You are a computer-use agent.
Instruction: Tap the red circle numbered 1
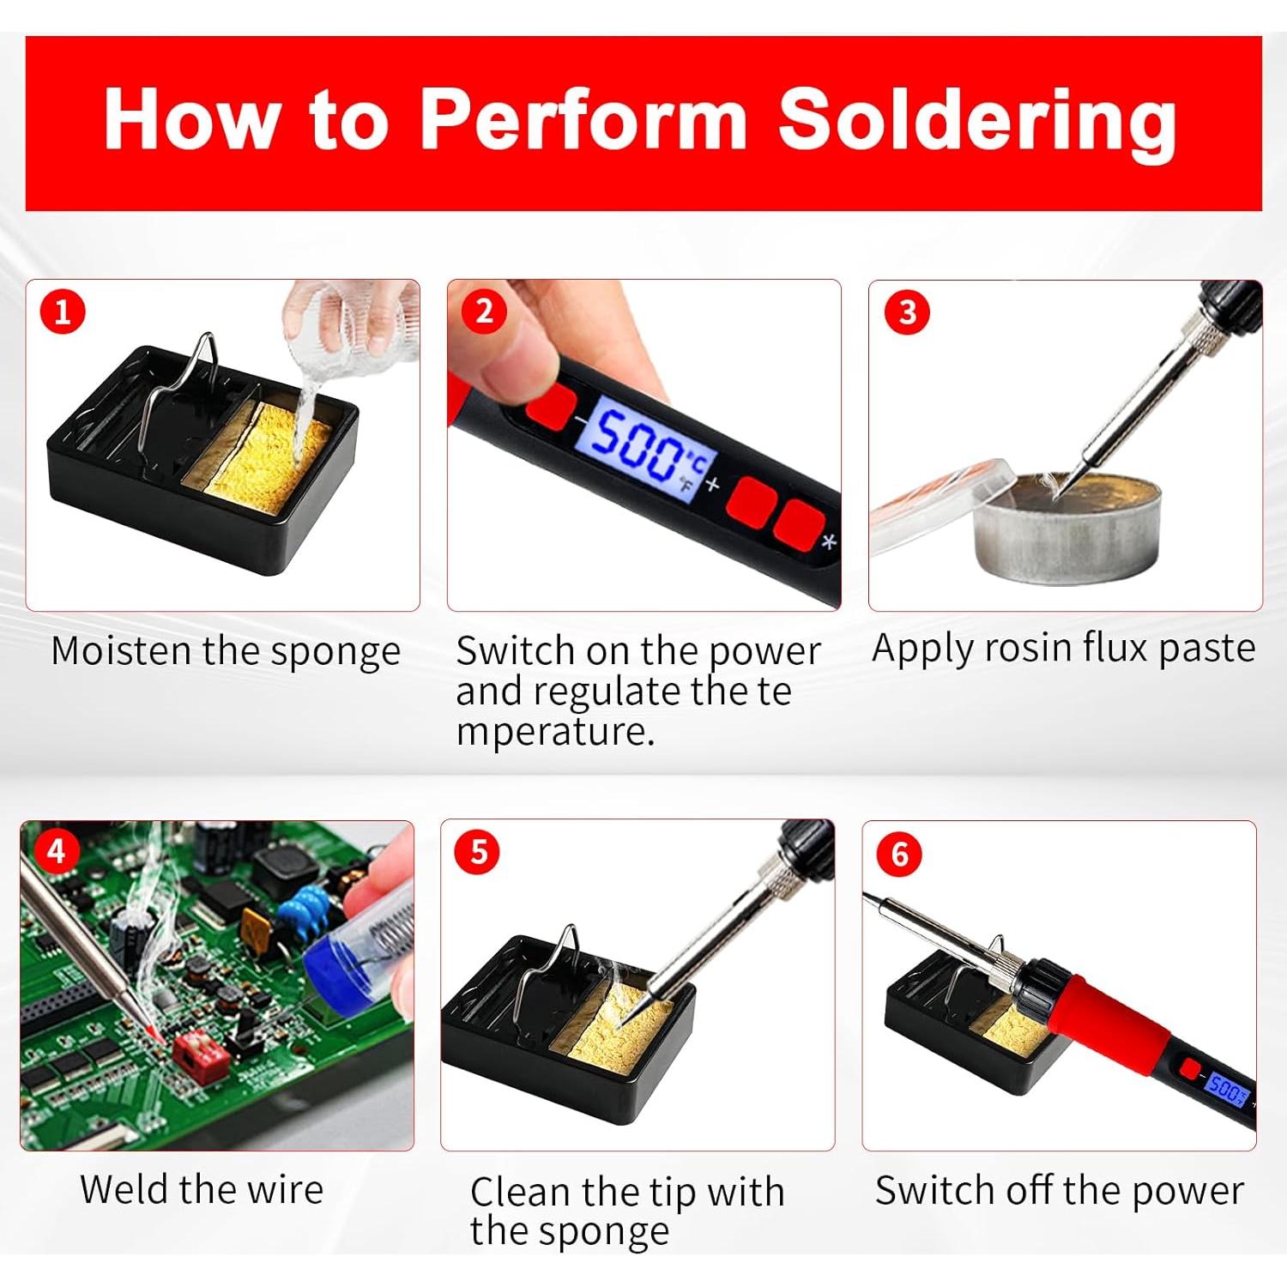click(x=63, y=311)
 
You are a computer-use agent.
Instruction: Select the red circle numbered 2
click(x=484, y=311)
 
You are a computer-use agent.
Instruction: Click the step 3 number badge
click(x=907, y=312)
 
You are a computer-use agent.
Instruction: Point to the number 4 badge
click(x=57, y=851)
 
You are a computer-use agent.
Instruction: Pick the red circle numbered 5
click(x=478, y=853)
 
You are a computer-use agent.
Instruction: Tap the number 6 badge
click(x=899, y=855)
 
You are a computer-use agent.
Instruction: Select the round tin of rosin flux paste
click(x=1068, y=528)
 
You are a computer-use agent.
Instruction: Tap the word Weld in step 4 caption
click(x=125, y=1189)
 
